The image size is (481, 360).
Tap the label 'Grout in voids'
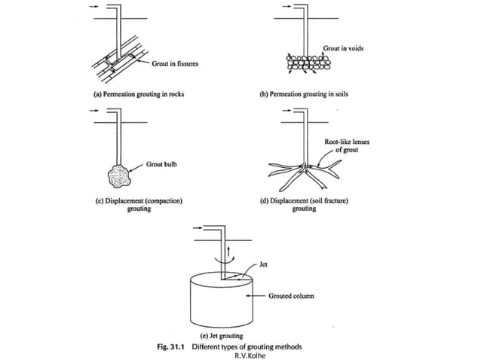coord(343,48)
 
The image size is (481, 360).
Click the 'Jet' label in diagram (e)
coord(262,264)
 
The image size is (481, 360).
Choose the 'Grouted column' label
coord(291,296)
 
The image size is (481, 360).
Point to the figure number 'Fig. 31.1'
coord(173,346)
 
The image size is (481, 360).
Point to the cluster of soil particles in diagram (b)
coord(306,63)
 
